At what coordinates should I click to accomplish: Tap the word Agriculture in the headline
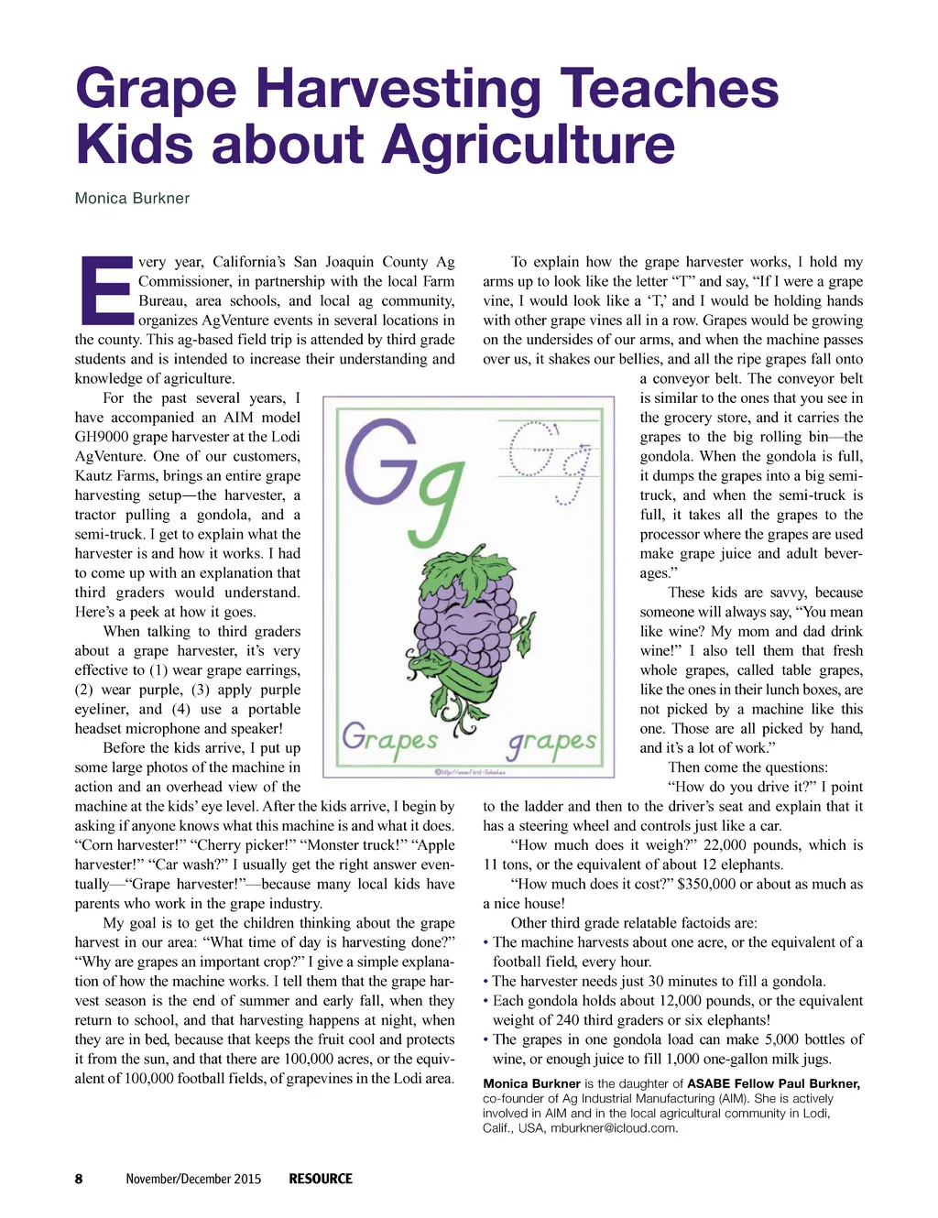tap(529, 145)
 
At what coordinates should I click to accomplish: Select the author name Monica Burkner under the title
tap(132, 198)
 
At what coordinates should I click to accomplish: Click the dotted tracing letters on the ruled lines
tap(551, 458)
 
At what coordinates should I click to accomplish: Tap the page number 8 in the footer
tap(79, 1179)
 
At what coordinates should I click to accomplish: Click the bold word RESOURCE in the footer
tap(321, 1179)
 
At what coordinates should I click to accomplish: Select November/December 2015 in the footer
tap(193, 1179)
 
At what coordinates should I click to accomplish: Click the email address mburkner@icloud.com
tap(614, 1128)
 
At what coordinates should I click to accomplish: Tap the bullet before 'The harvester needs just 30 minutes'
tap(485, 982)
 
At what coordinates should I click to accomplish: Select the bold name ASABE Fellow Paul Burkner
tap(773, 1083)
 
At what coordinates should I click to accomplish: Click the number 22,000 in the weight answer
tap(729, 845)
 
